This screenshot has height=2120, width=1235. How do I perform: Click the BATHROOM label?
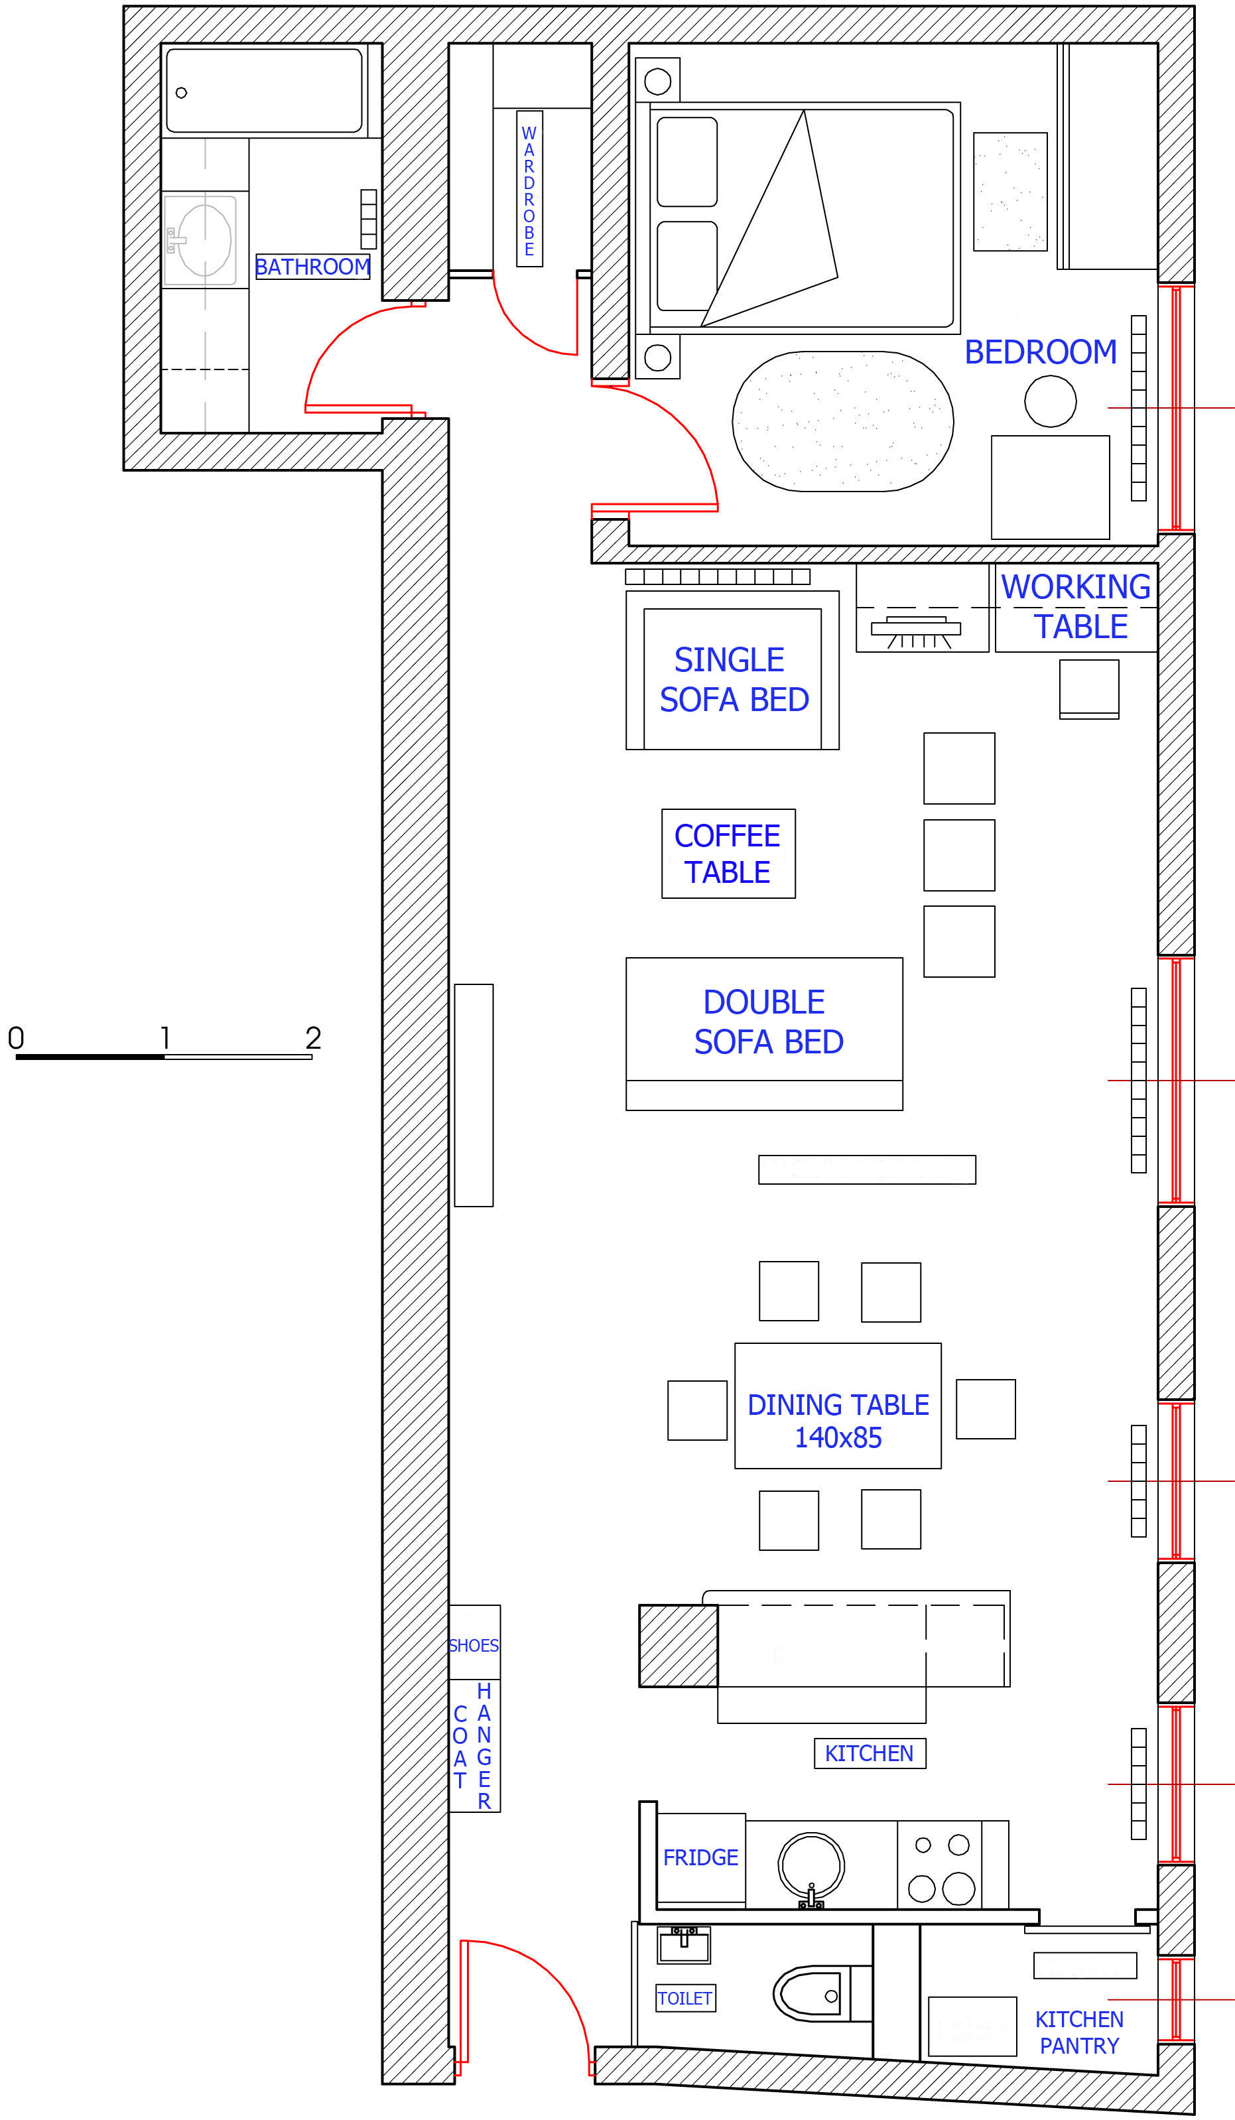(312, 267)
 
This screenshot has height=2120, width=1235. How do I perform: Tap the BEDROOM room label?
(1040, 352)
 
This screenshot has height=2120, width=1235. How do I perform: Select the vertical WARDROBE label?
(529, 189)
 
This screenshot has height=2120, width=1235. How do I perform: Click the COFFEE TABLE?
(728, 853)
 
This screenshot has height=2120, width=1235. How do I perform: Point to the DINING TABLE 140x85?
(838, 1406)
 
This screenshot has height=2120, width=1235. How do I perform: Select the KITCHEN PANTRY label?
(1078, 2032)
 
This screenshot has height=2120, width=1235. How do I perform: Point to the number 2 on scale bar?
(313, 1037)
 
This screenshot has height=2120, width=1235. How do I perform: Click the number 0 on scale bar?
(16, 1037)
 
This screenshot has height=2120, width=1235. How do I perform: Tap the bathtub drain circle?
(181, 93)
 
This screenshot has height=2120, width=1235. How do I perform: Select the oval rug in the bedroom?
(843, 421)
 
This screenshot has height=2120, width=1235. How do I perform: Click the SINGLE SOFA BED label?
(734, 680)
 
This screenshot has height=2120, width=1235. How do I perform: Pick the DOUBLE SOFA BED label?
(768, 1022)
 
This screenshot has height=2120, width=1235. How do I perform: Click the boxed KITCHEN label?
(870, 1753)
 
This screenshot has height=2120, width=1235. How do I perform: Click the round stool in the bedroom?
(1050, 401)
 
